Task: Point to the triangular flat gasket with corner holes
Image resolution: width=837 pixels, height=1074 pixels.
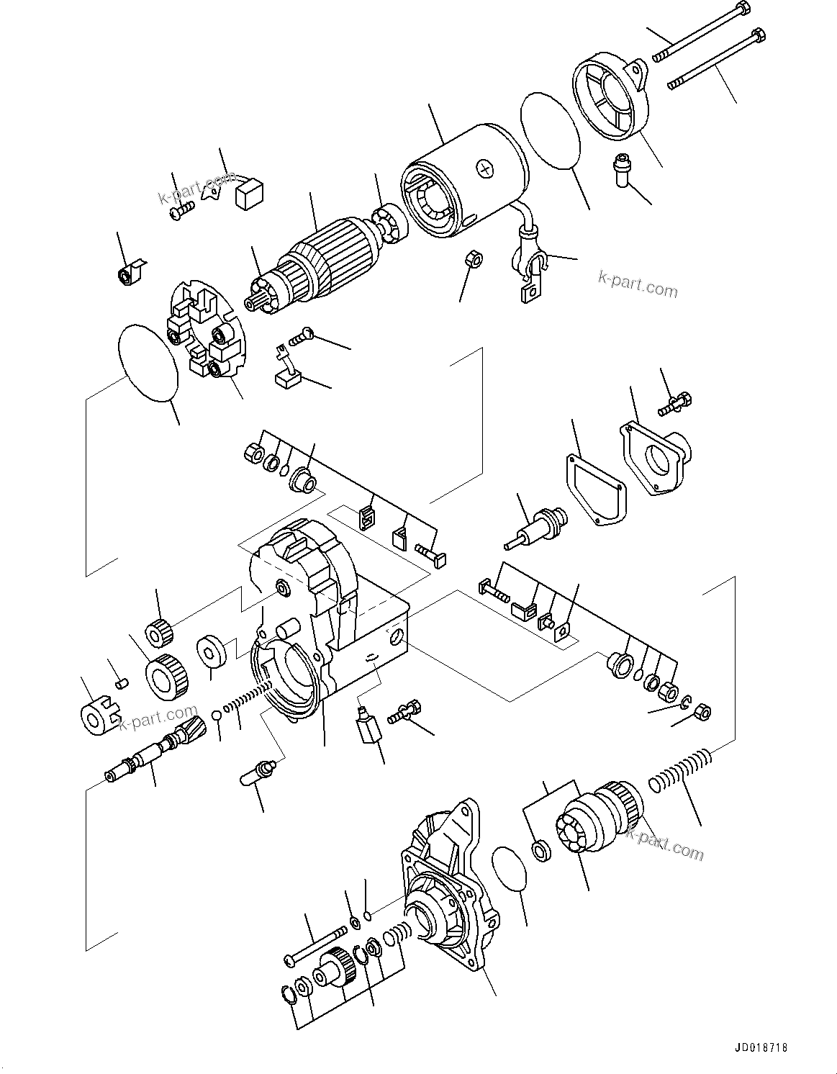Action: pos(595,488)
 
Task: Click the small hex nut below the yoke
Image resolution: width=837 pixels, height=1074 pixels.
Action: pos(473,259)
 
